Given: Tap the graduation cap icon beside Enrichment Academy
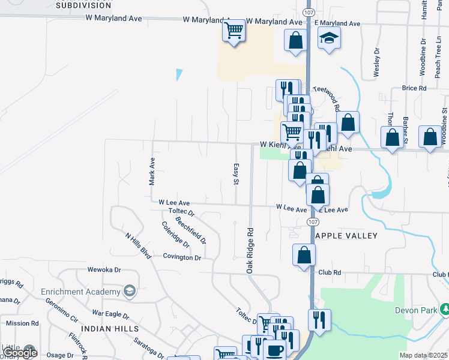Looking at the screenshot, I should [x=129, y=292].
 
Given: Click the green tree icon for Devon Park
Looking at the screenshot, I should [x=445, y=310].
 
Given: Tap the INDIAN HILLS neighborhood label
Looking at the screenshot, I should [x=109, y=329].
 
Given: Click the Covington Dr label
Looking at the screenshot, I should [x=182, y=257].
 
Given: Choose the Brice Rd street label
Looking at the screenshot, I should [x=414, y=88].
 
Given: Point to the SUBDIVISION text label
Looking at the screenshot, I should [x=83, y=5].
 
